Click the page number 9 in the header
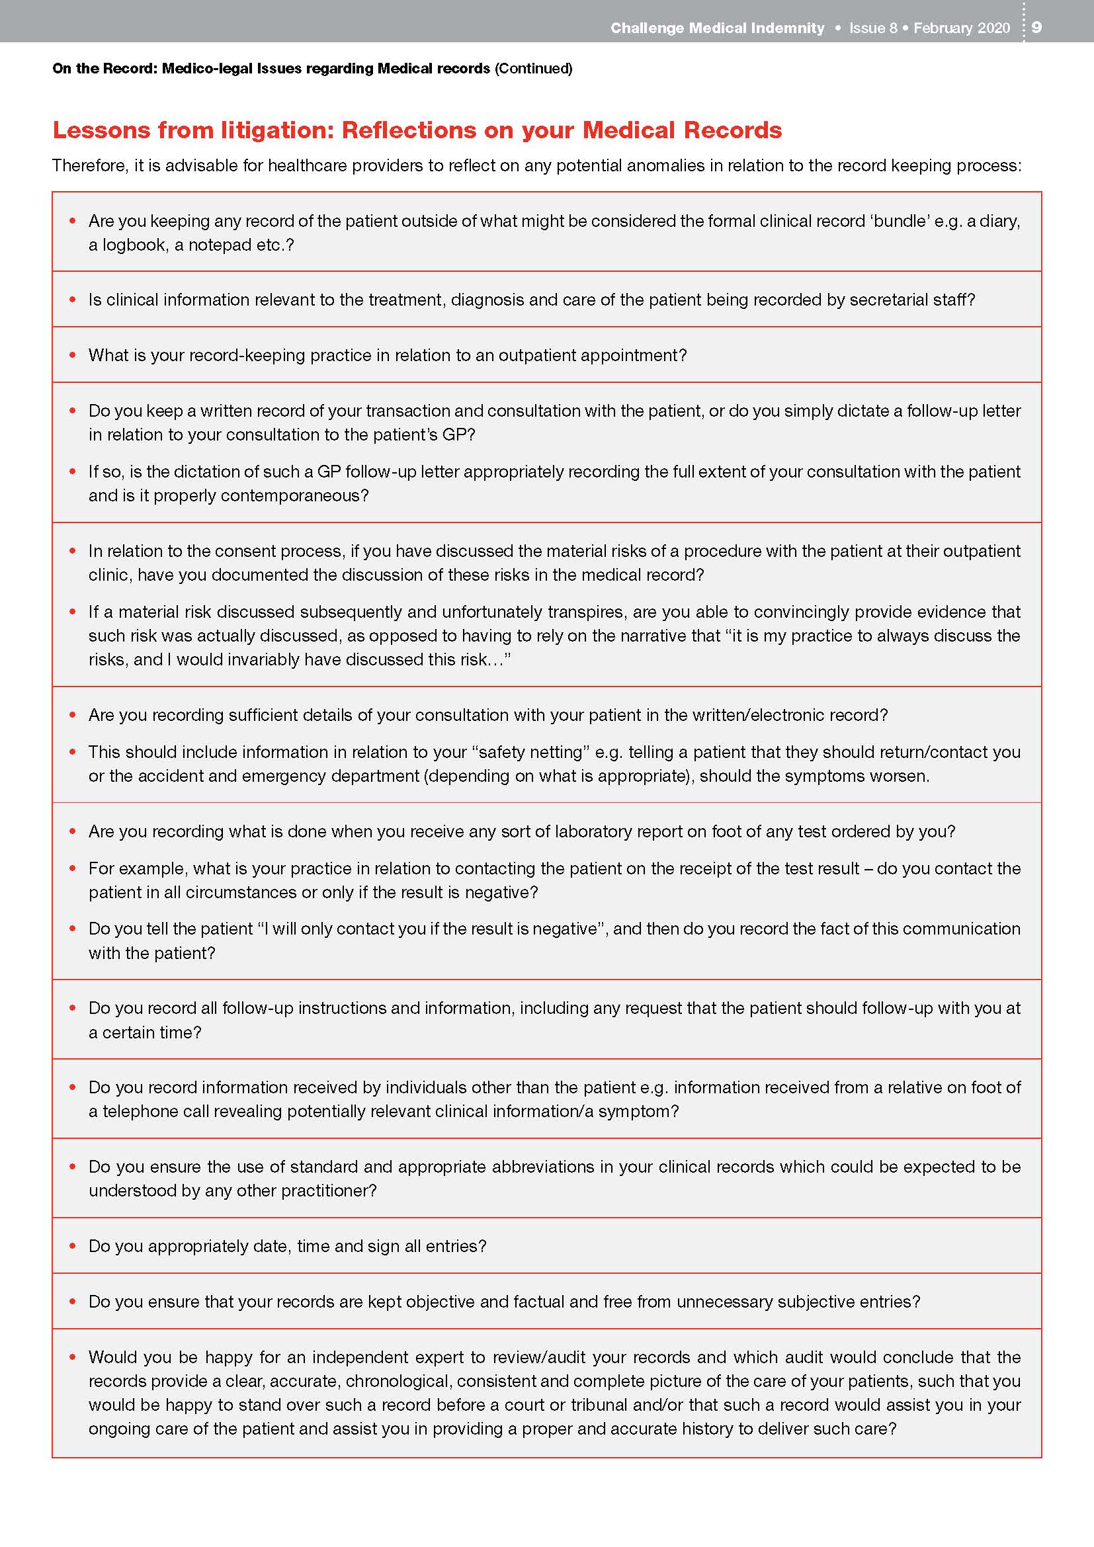point(1036,28)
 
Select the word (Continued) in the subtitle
point(534,68)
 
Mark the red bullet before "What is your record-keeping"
point(73,355)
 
